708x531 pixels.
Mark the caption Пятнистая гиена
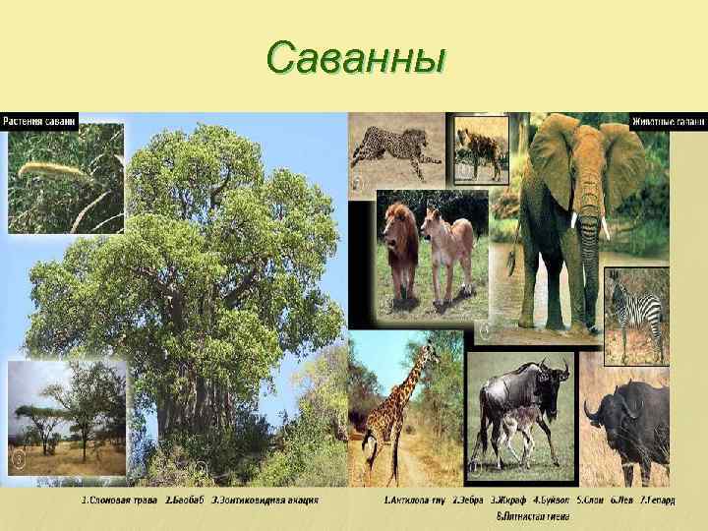tap(530, 514)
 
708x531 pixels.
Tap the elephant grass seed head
tap(49, 169)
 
